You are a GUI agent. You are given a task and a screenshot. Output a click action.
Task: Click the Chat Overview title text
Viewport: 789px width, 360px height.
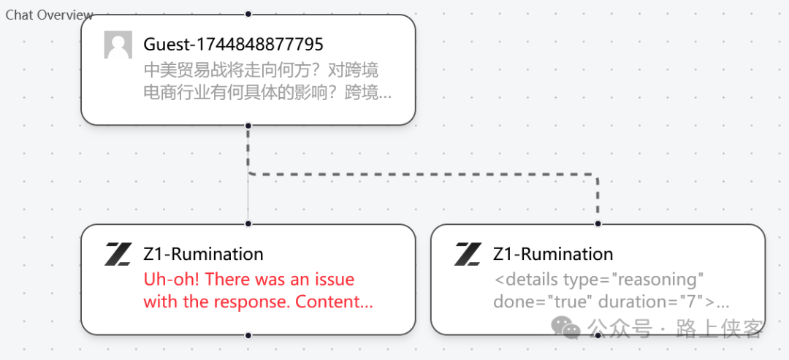49,15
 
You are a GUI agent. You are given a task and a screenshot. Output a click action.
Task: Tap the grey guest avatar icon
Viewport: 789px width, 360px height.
118,45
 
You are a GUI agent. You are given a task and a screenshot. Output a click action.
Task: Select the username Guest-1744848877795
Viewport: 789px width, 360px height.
233,45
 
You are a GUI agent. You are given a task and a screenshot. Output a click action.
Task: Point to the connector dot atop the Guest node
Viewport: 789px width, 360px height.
248,14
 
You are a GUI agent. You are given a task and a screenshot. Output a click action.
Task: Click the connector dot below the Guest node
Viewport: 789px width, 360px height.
248,126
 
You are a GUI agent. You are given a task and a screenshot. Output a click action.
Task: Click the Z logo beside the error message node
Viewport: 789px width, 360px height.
118,254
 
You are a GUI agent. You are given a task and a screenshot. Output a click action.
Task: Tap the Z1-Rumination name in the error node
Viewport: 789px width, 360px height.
203,254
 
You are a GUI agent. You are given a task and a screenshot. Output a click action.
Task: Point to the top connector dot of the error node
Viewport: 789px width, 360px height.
248,223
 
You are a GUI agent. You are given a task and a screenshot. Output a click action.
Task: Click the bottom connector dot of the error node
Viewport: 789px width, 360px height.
248,335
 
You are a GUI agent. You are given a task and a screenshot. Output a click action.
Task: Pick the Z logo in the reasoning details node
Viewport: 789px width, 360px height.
468,254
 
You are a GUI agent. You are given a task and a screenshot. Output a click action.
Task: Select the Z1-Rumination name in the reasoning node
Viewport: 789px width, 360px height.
553,254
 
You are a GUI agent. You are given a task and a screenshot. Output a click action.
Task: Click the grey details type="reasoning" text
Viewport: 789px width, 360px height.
598,280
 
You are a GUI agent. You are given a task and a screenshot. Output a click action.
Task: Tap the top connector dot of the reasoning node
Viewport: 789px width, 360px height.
598,223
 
